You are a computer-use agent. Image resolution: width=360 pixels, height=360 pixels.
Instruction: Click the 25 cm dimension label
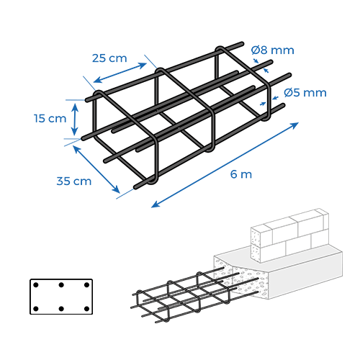point(109,58)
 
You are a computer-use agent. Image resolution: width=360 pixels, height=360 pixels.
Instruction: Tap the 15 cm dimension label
point(50,118)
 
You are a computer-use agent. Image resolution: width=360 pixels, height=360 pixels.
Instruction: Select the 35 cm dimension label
point(74,181)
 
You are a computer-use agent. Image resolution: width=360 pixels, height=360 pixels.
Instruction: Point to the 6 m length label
point(241,174)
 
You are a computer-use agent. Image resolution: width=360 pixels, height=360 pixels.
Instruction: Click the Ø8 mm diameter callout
point(273,50)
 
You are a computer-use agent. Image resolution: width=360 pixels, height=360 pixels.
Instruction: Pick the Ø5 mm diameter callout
point(305,93)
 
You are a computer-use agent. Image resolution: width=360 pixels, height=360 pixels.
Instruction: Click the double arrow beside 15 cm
point(75,120)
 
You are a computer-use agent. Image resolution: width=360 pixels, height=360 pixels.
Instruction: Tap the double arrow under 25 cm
point(120,73)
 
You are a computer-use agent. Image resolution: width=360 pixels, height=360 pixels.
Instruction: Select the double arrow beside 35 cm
point(96,169)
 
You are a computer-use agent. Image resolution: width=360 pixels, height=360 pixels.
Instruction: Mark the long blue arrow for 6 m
point(225,165)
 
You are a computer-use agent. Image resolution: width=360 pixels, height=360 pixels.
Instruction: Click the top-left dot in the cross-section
point(36,285)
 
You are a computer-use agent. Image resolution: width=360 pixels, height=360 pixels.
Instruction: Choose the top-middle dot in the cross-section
point(61,285)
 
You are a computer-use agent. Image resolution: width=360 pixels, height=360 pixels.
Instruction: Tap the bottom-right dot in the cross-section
point(87,309)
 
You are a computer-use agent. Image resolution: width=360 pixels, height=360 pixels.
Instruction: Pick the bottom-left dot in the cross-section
point(36,309)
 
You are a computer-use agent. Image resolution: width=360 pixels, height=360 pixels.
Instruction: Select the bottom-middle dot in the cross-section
point(61,309)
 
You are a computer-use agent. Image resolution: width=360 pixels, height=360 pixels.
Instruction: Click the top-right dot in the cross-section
point(87,285)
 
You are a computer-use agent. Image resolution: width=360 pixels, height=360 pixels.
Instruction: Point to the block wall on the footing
point(289,235)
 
